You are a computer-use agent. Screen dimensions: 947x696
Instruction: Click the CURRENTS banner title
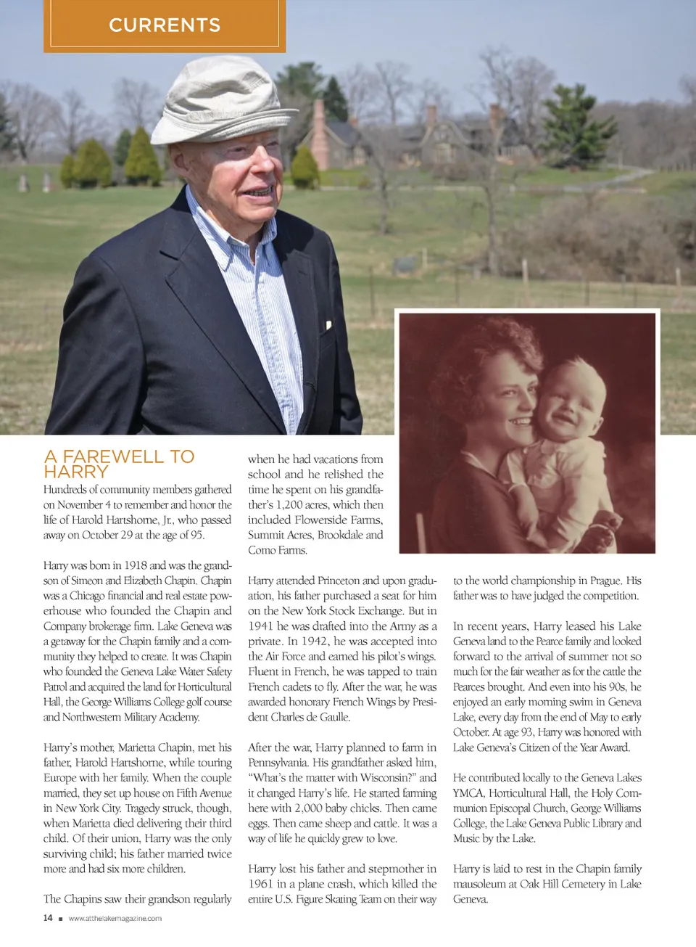[x=165, y=25]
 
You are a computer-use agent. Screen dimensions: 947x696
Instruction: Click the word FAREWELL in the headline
[x=113, y=456]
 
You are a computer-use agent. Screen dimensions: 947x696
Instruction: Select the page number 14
[x=48, y=918]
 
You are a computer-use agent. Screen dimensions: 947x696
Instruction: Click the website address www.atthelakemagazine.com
[x=115, y=919]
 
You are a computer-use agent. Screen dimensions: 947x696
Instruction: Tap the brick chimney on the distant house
[x=320, y=131]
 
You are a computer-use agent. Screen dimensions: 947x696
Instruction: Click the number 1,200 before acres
[x=292, y=504]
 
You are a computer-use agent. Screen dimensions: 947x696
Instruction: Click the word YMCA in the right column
[x=468, y=793]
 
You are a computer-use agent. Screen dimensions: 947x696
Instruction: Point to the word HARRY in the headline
[x=76, y=472]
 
